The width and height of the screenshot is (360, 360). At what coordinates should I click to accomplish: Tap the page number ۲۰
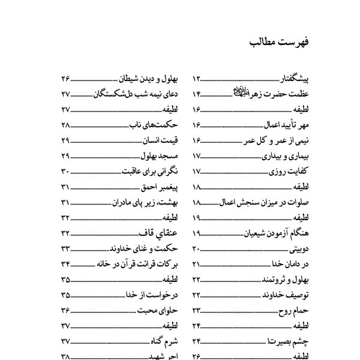click(x=197, y=248)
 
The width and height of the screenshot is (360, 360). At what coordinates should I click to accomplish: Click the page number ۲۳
click(x=198, y=310)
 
